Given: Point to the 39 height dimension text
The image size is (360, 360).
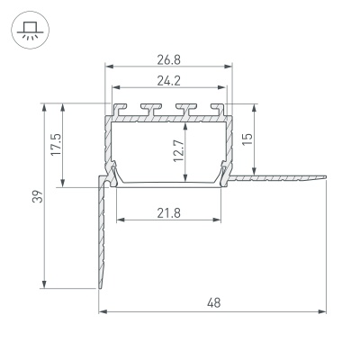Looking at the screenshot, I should tap(32, 196).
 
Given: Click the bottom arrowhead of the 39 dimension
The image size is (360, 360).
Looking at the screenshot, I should tap(43, 288).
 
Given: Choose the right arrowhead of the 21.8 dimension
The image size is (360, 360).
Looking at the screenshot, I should tap(219, 219).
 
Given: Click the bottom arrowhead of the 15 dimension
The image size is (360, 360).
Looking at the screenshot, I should tap(258, 174).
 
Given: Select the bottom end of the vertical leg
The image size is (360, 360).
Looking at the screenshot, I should tap(99, 289).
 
